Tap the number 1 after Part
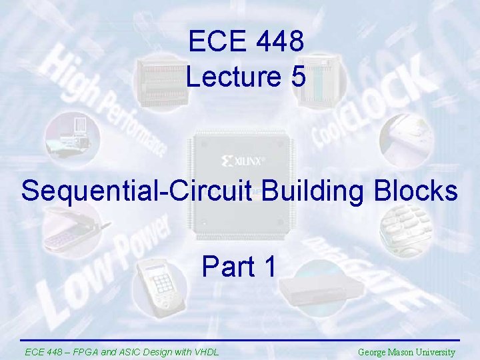click(x=269, y=267)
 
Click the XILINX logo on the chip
click(x=243, y=161)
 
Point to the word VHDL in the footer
click(x=205, y=352)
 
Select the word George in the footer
click(x=373, y=352)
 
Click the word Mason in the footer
click(x=405, y=352)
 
